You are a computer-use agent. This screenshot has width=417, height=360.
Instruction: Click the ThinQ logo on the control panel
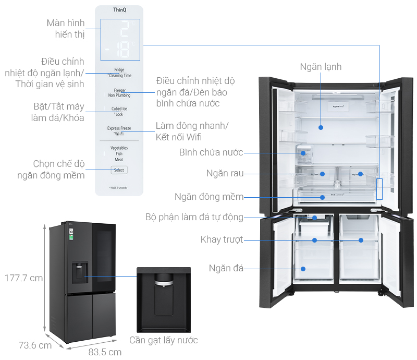point(119,10)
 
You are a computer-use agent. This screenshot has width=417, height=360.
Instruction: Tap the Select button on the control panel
point(119,170)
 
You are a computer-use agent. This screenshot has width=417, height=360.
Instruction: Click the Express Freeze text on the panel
point(119,128)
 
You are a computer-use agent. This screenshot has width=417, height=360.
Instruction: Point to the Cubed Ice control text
point(119,109)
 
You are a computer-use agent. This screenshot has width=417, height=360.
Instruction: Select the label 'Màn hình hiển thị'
point(65,29)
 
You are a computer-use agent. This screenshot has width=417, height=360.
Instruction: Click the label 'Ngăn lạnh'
point(321,67)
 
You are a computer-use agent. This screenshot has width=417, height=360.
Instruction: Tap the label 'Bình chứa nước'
point(211,152)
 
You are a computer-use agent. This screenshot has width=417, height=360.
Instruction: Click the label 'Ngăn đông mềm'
point(208,197)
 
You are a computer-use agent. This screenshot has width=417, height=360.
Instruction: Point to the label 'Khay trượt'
point(221,239)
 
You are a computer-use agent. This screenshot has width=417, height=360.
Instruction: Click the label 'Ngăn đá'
point(226,268)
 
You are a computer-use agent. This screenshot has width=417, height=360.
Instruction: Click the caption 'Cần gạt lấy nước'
point(164,340)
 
